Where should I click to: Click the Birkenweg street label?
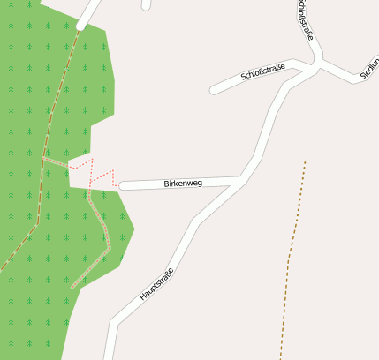point(183,184)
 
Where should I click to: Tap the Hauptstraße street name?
point(156,285)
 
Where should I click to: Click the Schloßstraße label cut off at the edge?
point(306,19)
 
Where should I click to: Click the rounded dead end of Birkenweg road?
point(123,185)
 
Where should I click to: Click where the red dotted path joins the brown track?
point(44,157)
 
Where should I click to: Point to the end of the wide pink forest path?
point(73,287)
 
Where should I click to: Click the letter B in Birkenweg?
point(166,184)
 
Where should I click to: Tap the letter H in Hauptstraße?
point(141,297)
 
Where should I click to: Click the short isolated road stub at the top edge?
point(146,4)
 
